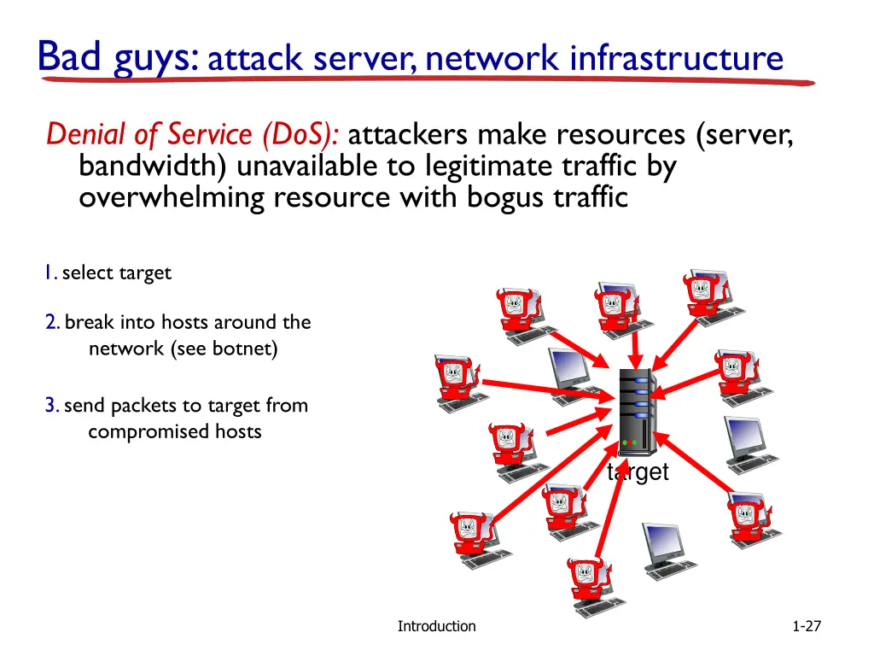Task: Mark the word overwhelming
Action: pos(172,197)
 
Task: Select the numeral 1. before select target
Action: pos(51,273)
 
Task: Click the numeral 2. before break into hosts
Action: pos(53,323)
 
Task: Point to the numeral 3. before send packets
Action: pos(53,406)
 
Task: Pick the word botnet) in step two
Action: pos(247,349)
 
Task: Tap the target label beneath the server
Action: pos(638,472)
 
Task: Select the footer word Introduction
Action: pos(436,626)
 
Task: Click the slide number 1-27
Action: pos(806,626)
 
